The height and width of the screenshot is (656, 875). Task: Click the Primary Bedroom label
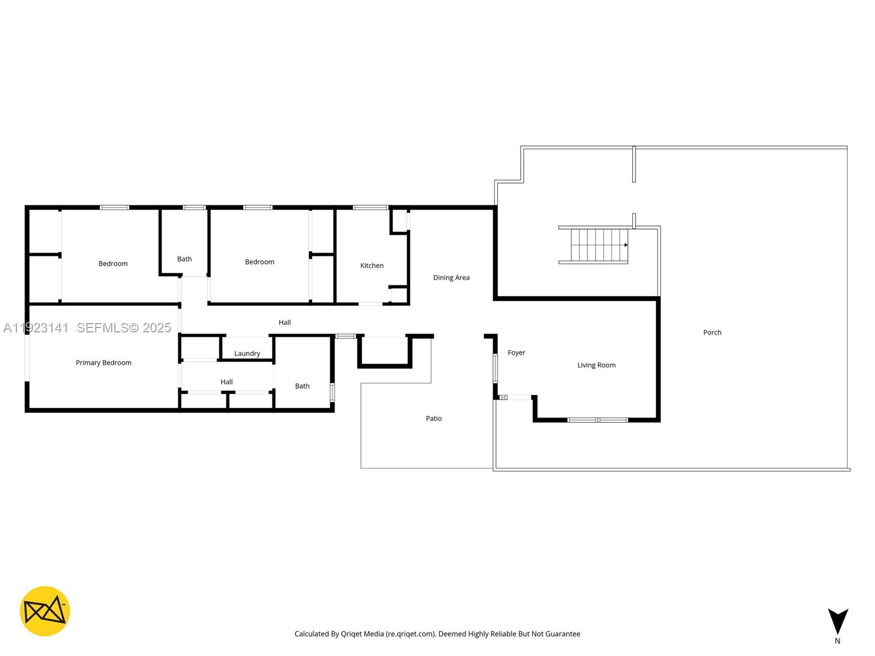coord(103,362)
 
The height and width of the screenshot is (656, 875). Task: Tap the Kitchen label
coord(372,266)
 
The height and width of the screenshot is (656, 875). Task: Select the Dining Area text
coord(451,278)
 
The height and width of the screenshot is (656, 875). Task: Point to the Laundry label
coord(247,354)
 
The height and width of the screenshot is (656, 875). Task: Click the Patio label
coord(434,419)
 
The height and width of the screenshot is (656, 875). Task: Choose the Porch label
coord(712,332)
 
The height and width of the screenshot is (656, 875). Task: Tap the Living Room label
coord(596,365)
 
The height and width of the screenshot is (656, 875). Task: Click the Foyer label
coord(516,353)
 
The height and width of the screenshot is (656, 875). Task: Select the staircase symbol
coord(596,245)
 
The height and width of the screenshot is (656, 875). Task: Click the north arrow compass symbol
coord(837,622)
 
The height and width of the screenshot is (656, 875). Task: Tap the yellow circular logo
coord(45,611)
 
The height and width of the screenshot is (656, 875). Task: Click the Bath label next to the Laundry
coord(302,386)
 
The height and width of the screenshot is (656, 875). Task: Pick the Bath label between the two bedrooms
coord(184,259)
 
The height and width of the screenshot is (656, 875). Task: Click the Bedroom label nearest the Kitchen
coord(260,262)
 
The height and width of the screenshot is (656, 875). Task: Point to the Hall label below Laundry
coord(226,382)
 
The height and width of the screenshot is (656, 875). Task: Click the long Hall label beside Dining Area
coord(284,323)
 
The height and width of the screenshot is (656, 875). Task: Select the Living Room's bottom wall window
coord(597,420)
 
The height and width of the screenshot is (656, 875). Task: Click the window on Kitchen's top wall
coord(370,208)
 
